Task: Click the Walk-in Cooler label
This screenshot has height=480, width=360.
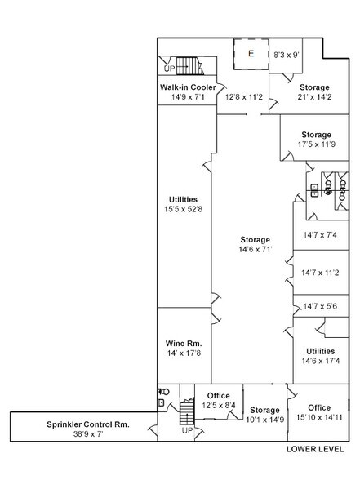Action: pos(188,87)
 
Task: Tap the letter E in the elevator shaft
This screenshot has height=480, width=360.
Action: pos(251,54)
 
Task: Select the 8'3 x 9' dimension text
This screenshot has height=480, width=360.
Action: pos(287,56)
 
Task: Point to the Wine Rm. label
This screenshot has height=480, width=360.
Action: pos(184,344)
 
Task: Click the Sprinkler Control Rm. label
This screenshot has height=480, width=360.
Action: pos(88,424)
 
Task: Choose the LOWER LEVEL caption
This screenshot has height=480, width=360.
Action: pos(315,449)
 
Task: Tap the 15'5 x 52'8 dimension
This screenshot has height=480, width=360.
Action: pos(184,209)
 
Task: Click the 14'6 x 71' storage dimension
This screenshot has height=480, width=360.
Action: pos(256,250)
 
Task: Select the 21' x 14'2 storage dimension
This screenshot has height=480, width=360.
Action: pos(315,97)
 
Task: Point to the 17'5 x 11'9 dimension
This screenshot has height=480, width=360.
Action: pos(317,144)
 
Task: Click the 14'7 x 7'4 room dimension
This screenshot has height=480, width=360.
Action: pos(320,235)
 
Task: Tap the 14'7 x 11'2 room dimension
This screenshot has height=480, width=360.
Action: pos(320,273)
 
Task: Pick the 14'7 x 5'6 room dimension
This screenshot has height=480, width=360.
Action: pos(320,306)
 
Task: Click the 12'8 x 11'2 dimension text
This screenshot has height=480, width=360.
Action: pos(244,97)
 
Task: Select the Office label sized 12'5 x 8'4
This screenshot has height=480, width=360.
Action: pos(219,395)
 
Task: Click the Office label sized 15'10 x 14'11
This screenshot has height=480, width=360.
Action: pos(319,408)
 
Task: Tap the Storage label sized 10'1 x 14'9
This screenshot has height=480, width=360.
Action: pos(264,410)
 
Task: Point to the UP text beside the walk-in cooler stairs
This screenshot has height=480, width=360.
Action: pos(170,69)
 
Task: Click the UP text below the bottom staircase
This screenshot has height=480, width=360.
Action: pos(188,431)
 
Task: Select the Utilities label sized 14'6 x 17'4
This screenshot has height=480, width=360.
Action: pos(321,351)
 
